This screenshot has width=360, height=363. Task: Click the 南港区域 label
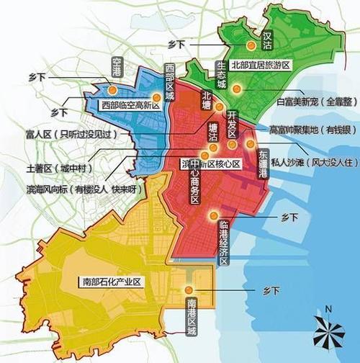[192, 315]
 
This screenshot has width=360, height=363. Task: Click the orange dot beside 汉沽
[251, 47]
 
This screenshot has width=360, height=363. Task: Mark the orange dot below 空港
[112, 90]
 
